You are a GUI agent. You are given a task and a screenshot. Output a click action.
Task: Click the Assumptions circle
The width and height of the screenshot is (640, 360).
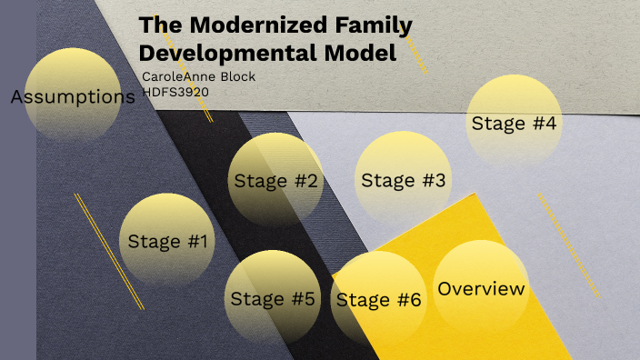tap(72, 95)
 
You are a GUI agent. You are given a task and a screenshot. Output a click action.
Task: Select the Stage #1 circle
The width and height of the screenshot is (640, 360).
tap(167, 241)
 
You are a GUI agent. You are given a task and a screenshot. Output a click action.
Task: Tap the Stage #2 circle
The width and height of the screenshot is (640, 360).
tap(276, 180)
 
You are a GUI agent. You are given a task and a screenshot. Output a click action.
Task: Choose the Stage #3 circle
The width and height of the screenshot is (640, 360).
tap(403, 180)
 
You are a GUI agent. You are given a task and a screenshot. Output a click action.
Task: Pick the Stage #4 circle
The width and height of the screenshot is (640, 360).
tap(514, 123)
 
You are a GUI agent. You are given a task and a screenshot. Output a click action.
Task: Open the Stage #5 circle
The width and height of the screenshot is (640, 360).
tap(272, 298)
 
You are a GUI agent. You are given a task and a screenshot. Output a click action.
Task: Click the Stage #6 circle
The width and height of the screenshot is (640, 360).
tap(379, 299)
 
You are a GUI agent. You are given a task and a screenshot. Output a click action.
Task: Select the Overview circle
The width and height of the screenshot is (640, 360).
tap(481, 288)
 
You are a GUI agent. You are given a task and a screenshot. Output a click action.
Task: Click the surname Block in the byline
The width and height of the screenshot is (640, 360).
tap(236, 76)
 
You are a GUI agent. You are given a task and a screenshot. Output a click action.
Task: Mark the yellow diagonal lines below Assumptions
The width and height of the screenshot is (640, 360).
tap(109, 251)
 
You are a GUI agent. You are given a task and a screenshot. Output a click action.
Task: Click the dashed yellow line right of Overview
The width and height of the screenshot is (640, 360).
tap(568, 244)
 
